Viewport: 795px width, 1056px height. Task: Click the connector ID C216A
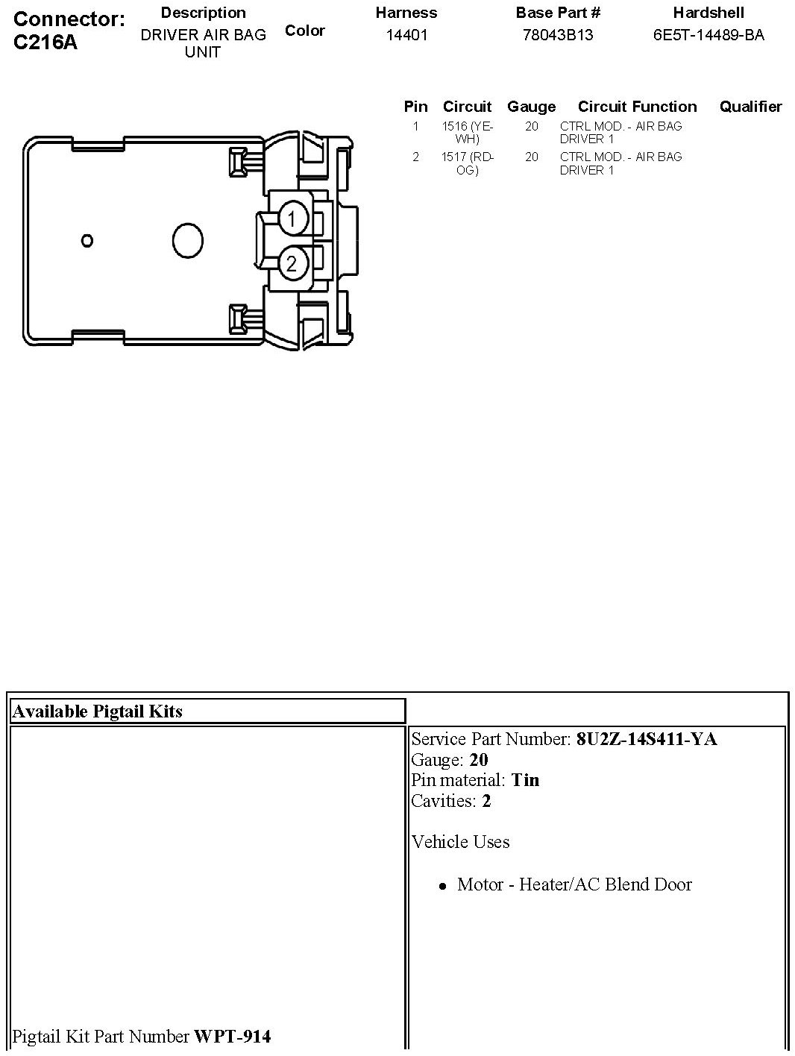click(45, 42)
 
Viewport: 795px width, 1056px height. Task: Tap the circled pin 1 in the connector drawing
click(292, 219)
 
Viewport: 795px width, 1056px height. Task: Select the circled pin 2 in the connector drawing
click(292, 263)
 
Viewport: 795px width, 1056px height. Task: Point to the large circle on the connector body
click(187, 241)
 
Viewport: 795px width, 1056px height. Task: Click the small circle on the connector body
click(87, 240)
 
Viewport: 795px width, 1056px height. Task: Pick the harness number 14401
click(406, 35)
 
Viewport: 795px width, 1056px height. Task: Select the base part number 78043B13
click(558, 35)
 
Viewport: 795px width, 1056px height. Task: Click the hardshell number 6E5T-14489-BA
click(708, 35)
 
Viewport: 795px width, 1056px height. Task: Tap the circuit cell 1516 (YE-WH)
click(467, 133)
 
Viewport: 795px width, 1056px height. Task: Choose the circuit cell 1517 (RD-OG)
click(467, 163)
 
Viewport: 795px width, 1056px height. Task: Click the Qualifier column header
click(750, 107)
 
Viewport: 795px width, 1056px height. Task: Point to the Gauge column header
click(531, 107)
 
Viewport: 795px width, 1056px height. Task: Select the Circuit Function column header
click(637, 107)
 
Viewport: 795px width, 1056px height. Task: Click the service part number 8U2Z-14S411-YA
click(647, 739)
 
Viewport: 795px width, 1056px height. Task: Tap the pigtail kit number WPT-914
click(232, 1036)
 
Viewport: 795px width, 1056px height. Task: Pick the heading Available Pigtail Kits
click(98, 711)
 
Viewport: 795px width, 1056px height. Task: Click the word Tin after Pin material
click(525, 780)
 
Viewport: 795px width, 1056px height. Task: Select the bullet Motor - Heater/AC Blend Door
click(574, 884)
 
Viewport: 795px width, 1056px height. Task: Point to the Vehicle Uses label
click(460, 842)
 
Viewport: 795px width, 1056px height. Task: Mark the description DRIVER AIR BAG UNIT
click(203, 43)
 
